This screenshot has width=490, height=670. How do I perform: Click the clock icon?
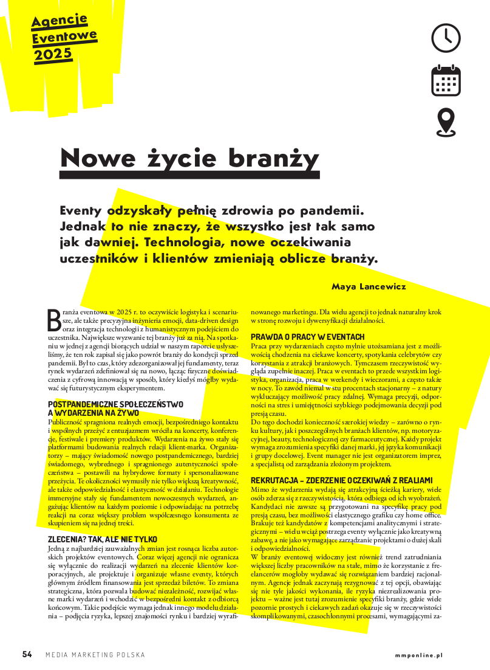tap(446, 38)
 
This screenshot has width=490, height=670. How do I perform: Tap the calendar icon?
tap(446, 80)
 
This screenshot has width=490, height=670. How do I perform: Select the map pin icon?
tap(446, 122)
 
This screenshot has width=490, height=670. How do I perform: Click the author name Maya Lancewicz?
tap(369, 286)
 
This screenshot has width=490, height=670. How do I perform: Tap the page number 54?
tap(27, 654)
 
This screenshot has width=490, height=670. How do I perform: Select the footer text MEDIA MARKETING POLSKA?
tap(95, 655)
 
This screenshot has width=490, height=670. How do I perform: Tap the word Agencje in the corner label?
tap(60, 22)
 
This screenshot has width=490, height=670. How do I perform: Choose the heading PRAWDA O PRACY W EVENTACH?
tap(307, 337)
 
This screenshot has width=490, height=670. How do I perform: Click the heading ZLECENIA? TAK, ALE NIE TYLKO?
tap(102, 539)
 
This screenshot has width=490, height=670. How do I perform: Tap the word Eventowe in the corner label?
tap(64, 38)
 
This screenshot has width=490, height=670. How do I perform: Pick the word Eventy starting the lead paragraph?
tap(81, 210)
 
